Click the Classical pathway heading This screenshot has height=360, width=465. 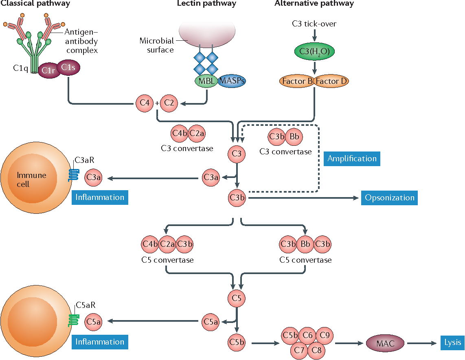35,4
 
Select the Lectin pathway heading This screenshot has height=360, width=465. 206,4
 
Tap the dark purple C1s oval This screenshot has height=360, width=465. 68,68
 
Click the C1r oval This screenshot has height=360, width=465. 48,70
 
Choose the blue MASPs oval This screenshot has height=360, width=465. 232,81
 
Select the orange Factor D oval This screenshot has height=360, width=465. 331,81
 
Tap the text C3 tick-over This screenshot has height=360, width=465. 314,24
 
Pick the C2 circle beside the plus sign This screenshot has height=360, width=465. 169,103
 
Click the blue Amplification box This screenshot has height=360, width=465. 352,158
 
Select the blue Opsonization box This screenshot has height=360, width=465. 389,198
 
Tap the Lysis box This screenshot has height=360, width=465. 451,342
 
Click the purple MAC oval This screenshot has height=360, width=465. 385,343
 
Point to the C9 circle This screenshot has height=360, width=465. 325,336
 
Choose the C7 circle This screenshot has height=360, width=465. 299,349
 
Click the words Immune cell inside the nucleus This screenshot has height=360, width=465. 32,180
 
